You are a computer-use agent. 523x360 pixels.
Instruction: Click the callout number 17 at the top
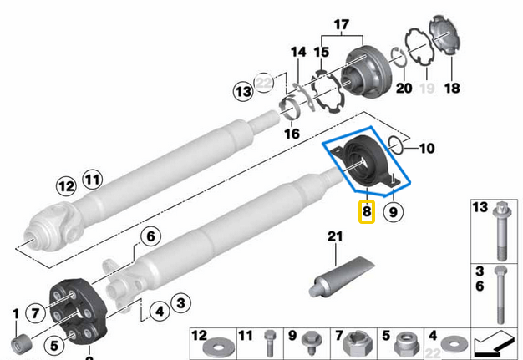point(339,24)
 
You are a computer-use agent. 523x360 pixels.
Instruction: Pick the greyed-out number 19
point(428,88)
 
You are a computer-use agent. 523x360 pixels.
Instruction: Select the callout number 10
point(426,150)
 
